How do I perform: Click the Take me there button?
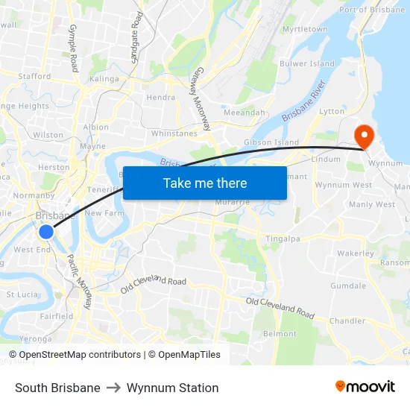[x=204, y=183]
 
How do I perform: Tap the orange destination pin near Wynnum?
[x=364, y=136]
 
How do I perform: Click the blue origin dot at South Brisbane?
[x=46, y=232]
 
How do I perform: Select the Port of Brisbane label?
[x=372, y=10]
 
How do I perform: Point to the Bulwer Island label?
[x=306, y=63]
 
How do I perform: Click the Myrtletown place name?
[x=305, y=29]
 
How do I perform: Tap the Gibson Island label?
[x=271, y=142]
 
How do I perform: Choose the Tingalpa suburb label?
[x=283, y=239]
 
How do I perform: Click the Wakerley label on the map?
[x=355, y=253]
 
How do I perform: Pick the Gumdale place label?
[x=348, y=286]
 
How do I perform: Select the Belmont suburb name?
[x=280, y=333]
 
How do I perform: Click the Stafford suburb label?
[x=34, y=76]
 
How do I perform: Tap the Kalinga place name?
[x=104, y=78]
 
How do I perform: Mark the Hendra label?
[x=161, y=97]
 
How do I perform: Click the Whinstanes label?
[x=174, y=133]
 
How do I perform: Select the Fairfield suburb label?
[x=57, y=316]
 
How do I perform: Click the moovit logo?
[x=365, y=387]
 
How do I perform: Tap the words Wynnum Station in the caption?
[x=172, y=388]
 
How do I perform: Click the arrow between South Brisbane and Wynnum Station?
[x=113, y=388]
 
